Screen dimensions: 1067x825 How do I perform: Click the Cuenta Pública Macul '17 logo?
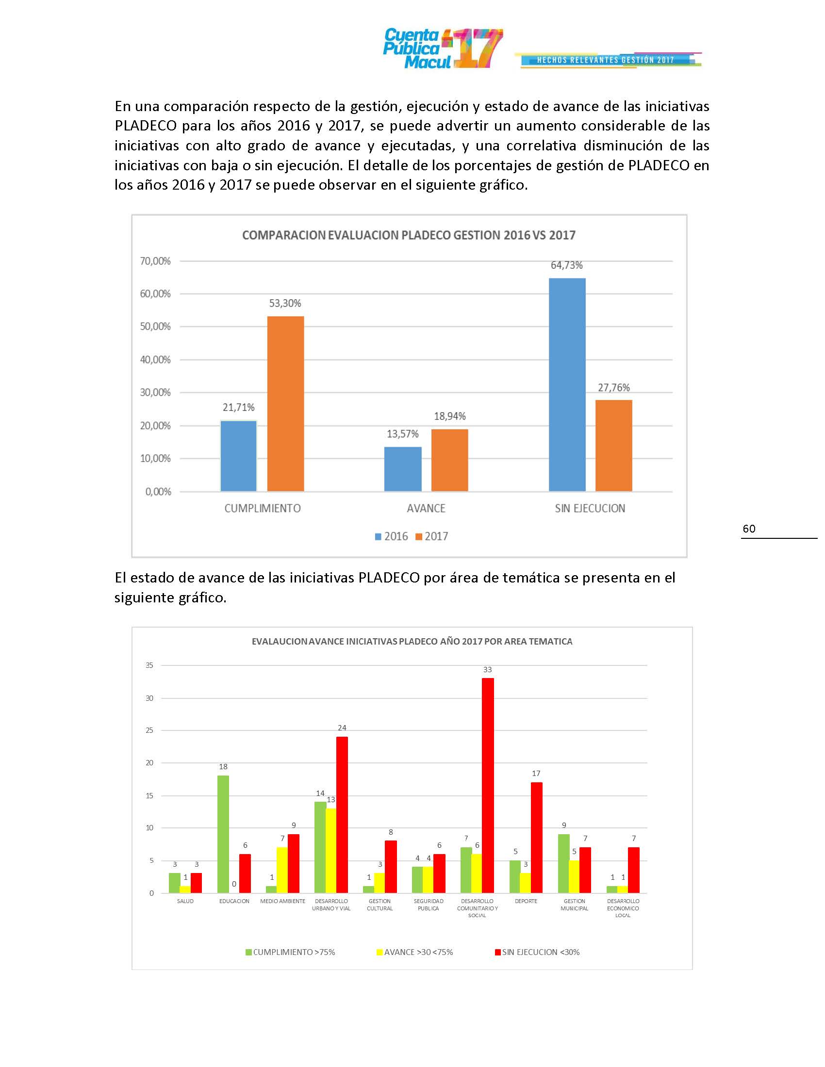[x=442, y=49]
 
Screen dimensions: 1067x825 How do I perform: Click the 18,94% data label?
[x=450, y=416]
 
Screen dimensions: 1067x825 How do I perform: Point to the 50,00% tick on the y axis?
[x=155, y=326]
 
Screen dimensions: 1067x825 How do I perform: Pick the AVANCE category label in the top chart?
[x=426, y=508]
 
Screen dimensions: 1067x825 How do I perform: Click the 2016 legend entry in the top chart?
[x=391, y=536]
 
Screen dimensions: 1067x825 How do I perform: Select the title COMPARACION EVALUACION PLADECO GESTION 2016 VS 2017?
[x=409, y=236]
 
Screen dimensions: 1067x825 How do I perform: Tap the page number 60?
[x=749, y=529]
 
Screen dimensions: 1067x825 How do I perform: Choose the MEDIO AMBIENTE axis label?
[x=282, y=902]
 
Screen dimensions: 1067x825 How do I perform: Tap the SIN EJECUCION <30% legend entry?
[x=537, y=952]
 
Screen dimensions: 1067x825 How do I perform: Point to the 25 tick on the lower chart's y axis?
[x=149, y=730]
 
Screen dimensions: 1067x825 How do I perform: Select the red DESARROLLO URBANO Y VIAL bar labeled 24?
[x=342, y=814]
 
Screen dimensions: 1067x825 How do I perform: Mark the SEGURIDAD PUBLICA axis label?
[x=428, y=905]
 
